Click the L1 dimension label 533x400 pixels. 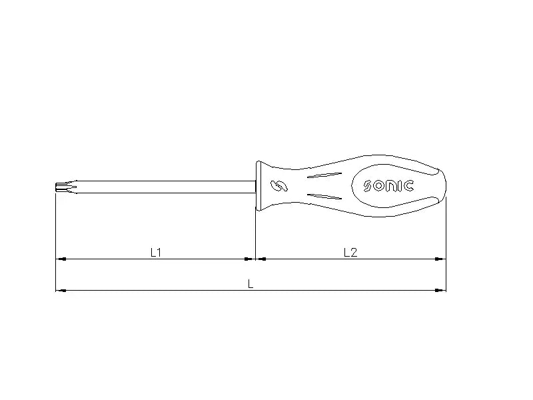(156, 252)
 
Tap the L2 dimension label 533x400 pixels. (350, 252)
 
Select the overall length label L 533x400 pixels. (251, 283)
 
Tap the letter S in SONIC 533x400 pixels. (368, 186)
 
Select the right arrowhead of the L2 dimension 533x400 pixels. (441, 259)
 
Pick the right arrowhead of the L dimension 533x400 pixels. (441, 290)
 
